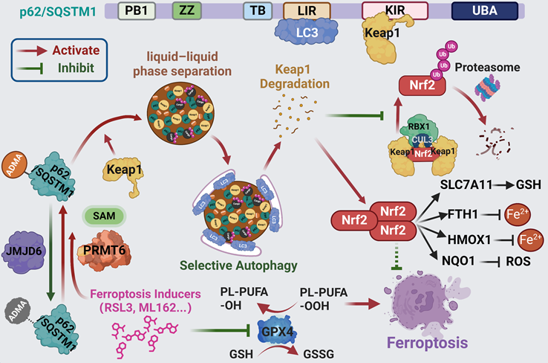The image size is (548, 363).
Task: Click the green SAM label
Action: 103,215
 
